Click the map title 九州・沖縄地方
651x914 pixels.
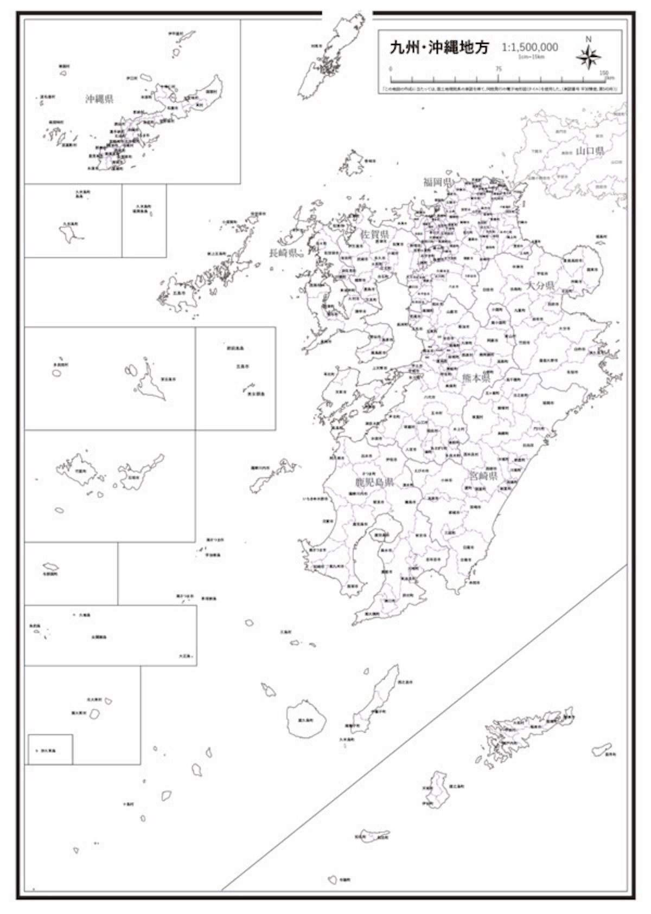pos(439,48)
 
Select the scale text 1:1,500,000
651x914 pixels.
pos(529,48)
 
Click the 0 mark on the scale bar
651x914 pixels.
pos(391,69)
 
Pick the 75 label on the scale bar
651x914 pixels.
pos(498,69)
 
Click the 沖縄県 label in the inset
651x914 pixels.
pos(99,99)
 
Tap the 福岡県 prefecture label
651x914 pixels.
pos(438,182)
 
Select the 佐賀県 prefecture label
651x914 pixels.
pos(375,235)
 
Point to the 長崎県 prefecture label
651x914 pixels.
pos(283,253)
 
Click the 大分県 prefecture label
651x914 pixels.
pos(540,285)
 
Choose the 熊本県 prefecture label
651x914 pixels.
pos(476,378)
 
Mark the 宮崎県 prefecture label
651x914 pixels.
pos(483,477)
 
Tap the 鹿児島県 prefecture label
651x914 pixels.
pos(374,482)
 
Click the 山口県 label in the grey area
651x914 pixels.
pos(590,151)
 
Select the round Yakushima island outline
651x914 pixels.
pos(306,719)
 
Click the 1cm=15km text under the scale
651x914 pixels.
pos(530,56)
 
